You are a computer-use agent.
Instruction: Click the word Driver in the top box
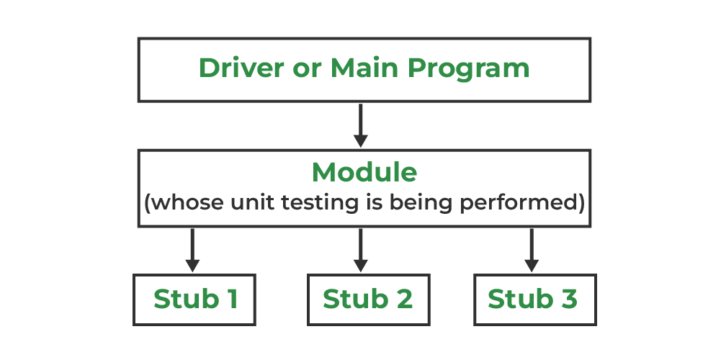click(241, 68)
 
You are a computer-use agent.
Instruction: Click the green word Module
click(364, 172)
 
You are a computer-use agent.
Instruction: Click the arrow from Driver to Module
click(360, 125)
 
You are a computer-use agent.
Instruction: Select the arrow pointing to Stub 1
click(192, 251)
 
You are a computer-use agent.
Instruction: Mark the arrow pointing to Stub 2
click(360, 251)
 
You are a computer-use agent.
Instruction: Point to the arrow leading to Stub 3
click(532, 251)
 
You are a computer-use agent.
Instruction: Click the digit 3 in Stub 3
click(568, 299)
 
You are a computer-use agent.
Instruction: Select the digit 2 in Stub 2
click(403, 299)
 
